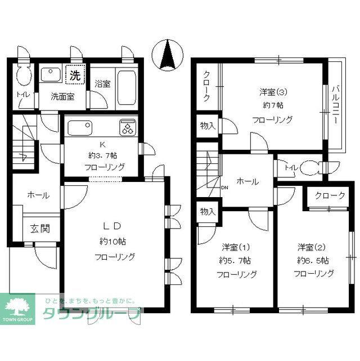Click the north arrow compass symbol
[168, 55]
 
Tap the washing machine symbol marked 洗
[75, 74]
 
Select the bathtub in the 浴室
[127, 87]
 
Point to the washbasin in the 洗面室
[51, 74]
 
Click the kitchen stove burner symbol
[128, 127]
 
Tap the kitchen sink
[80, 128]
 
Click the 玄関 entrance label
[40, 229]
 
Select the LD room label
[112, 226]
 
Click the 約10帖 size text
[112, 242]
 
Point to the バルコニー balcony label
[336, 105]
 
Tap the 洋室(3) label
[273, 92]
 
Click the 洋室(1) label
[236, 247]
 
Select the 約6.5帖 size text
[313, 261]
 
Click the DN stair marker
[224, 188]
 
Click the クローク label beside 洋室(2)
[330, 195]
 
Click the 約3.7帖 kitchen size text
[102, 155]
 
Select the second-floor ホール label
[247, 182]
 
